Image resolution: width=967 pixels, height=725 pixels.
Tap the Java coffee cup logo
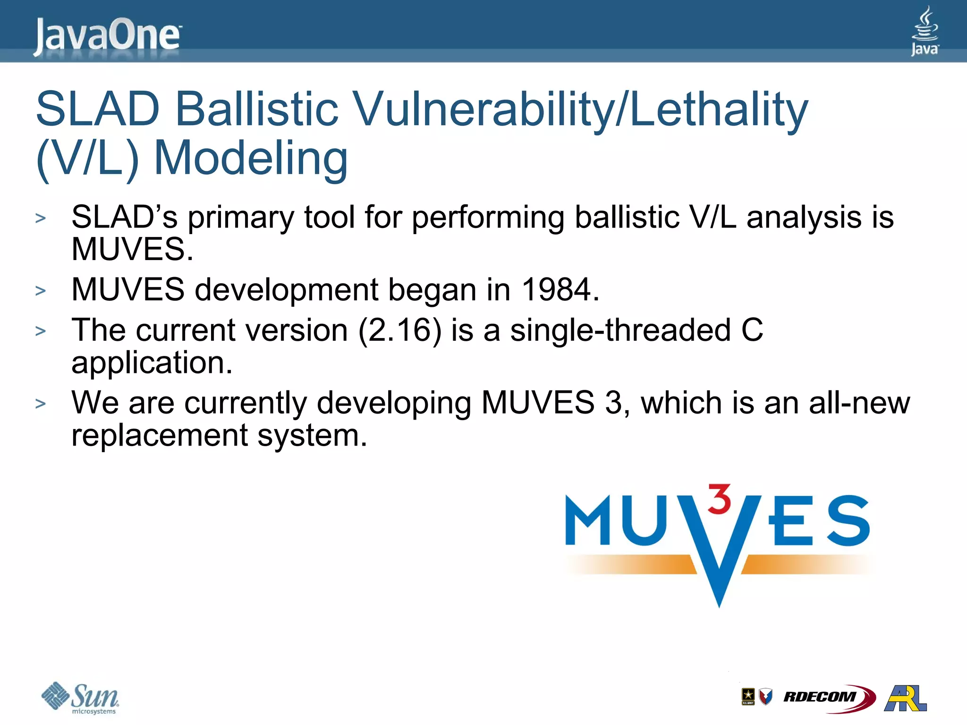[925, 31]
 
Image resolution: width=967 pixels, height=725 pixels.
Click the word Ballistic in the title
[257, 110]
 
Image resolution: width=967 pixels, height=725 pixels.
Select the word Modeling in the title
[251, 159]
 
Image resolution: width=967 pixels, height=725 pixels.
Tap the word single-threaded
[620, 330]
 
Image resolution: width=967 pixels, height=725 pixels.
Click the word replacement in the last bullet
[160, 435]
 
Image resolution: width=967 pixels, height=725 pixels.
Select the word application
[152, 362]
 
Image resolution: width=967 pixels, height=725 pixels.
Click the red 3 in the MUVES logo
[720, 499]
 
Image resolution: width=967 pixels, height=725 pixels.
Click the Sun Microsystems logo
[80, 698]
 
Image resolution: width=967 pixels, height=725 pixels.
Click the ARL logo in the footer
[906, 698]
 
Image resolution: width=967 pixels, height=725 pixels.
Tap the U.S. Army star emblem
[748, 696]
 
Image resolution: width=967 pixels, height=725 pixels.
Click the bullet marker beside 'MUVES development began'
[41, 291]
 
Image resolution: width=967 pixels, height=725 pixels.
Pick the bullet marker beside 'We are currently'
[41, 404]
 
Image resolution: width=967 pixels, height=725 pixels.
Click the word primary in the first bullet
[241, 218]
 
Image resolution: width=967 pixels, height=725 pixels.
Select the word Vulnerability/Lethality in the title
[581, 110]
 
